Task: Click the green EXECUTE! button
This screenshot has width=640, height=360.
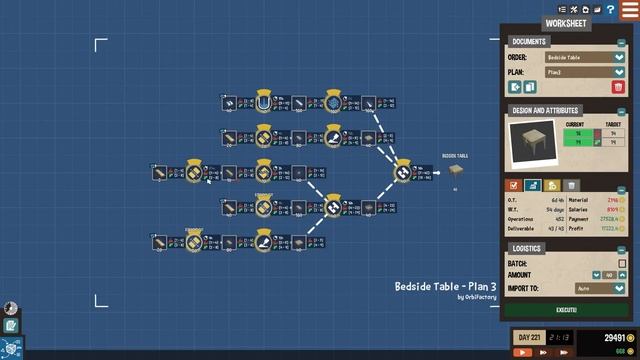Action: (x=566, y=311)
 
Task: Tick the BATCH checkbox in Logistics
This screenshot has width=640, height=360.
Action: (x=621, y=264)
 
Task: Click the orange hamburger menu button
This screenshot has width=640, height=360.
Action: (x=628, y=9)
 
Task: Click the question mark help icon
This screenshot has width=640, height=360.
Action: (x=610, y=9)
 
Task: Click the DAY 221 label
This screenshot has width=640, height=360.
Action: (x=528, y=338)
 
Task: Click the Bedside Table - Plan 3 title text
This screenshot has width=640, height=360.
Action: (x=445, y=287)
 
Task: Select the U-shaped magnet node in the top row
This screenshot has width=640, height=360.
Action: (x=264, y=103)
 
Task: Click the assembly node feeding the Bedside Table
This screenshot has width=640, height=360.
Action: (x=402, y=173)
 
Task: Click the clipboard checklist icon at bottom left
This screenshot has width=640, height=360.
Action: (x=10, y=325)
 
